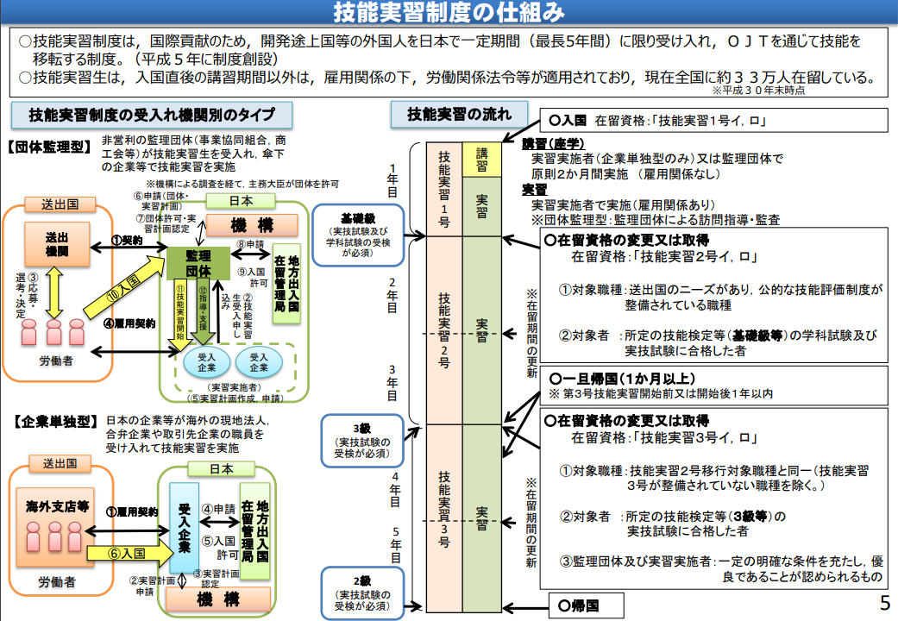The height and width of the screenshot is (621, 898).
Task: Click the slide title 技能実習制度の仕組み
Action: click(449, 12)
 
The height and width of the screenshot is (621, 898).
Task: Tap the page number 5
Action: click(885, 603)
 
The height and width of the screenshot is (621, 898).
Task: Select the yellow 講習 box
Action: click(482, 160)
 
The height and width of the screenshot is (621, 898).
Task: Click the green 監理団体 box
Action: click(198, 264)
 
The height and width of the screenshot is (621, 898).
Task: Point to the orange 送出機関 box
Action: click(57, 245)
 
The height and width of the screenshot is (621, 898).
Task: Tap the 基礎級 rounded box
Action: click(359, 235)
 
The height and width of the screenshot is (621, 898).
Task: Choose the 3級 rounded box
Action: click(362, 441)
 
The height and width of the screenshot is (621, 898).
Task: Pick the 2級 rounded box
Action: click(362, 593)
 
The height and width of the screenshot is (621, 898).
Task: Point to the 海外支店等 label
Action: click(57, 506)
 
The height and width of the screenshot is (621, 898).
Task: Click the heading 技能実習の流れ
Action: click(459, 115)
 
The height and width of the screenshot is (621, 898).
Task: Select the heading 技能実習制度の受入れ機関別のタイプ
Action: click(152, 116)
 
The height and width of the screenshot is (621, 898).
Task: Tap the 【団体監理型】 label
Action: click(49, 147)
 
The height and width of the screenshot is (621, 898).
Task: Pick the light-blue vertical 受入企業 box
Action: click(185, 528)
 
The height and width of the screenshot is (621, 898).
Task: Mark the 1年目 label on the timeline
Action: click(392, 181)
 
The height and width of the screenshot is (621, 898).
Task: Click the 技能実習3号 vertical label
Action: click(444, 509)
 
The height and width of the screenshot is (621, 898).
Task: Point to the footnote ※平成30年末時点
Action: click(758, 91)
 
